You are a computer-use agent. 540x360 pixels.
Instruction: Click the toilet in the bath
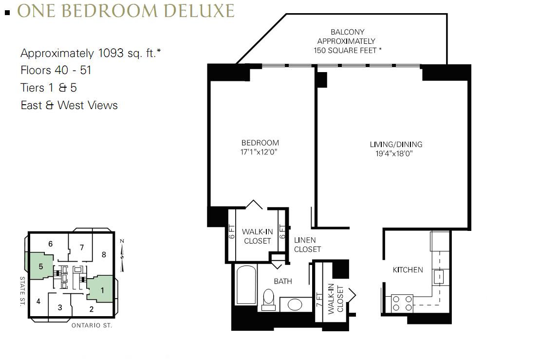pos(268,300)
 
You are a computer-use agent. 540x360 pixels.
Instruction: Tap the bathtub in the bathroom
pos(246,285)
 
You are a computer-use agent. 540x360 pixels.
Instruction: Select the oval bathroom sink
pos(295,305)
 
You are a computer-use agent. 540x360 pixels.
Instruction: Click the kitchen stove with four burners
pos(402,303)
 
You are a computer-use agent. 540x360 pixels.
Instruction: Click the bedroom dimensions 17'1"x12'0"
pos(259,152)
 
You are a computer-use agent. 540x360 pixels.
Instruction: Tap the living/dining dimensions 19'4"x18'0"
pos(394,153)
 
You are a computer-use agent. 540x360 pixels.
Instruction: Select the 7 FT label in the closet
pos(319,300)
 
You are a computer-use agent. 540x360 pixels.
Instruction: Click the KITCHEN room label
pos(408,270)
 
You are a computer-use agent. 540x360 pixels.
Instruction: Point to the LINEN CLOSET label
pos(307,245)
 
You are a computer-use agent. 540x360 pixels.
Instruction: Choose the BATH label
pos(283,282)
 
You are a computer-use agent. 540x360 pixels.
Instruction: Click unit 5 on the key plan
pos(40,266)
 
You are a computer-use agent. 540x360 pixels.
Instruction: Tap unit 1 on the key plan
pos(102,290)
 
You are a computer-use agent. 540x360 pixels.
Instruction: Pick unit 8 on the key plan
pos(104,255)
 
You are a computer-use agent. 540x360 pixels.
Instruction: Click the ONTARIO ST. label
pos(92,325)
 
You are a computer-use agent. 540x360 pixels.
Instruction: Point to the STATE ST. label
pos(22,291)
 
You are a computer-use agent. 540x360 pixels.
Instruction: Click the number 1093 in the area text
pos(111,53)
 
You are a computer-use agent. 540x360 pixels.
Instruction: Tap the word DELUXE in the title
pos(199,11)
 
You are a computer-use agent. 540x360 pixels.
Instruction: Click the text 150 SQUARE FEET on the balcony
pos(345,51)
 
